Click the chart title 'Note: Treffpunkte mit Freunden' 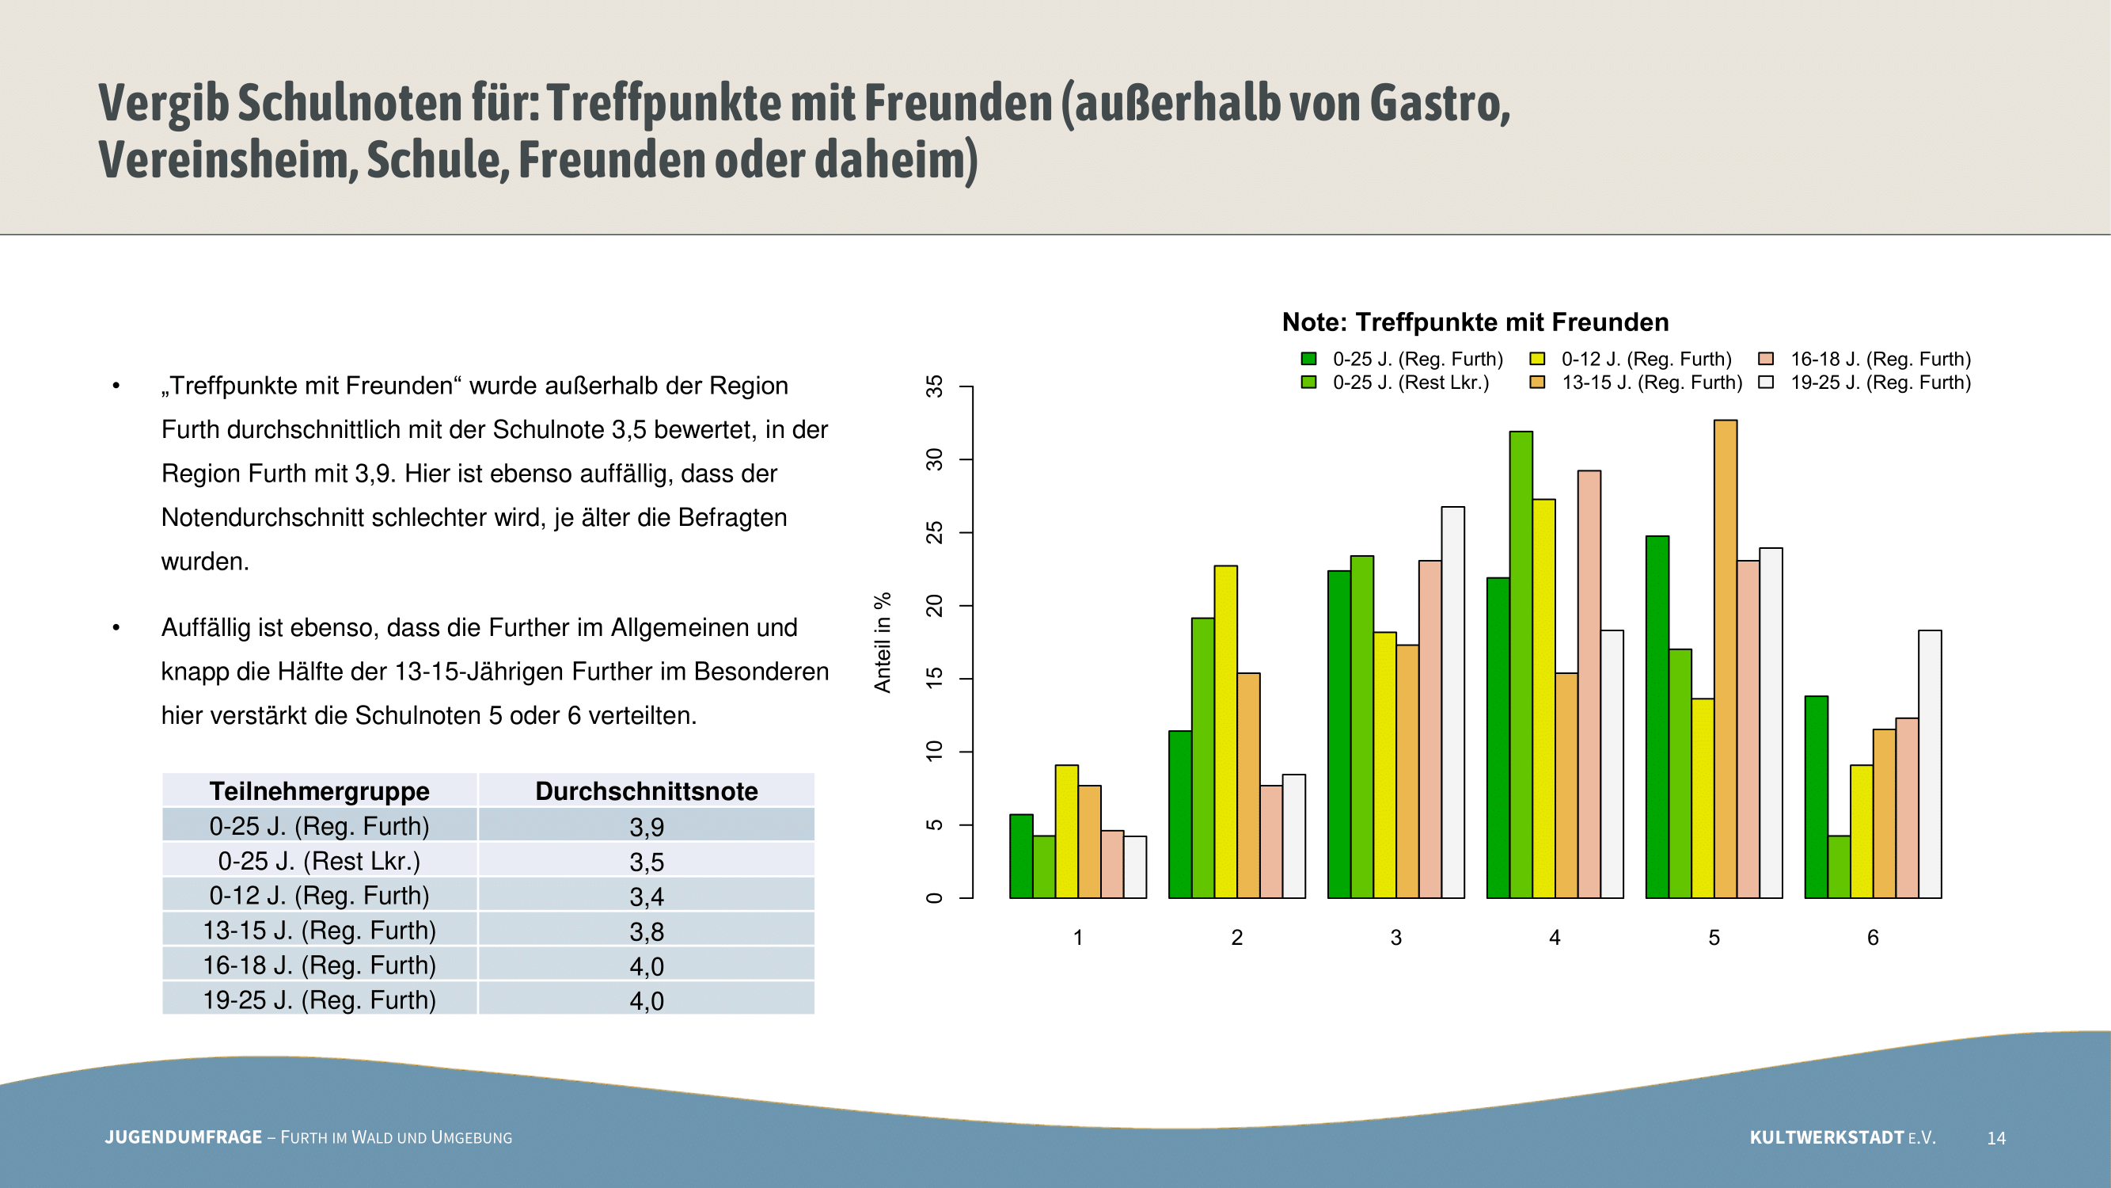coord(1475,322)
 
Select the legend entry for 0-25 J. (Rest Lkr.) coord(1395,382)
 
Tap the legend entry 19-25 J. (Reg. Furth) coord(1864,382)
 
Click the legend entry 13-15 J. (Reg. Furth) coord(1636,382)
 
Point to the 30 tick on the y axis coord(934,460)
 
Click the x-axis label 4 coord(1555,937)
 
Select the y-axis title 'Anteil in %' coord(883,643)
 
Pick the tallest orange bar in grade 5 coord(1725,659)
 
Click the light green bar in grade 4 coord(1521,665)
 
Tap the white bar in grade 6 coord(1930,764)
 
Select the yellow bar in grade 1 coord(1067,832)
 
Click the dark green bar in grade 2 coord(1180,814)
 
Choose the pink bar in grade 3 coord(1430,729)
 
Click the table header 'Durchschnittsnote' coord(647,791)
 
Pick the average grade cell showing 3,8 coord(647,931)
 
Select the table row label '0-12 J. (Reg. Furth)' coord(320,895)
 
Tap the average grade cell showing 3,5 coord(647,862)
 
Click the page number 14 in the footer coord(1996,1138)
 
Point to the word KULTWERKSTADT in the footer coord(1827,1137)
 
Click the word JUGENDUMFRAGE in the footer coord(184,1137)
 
